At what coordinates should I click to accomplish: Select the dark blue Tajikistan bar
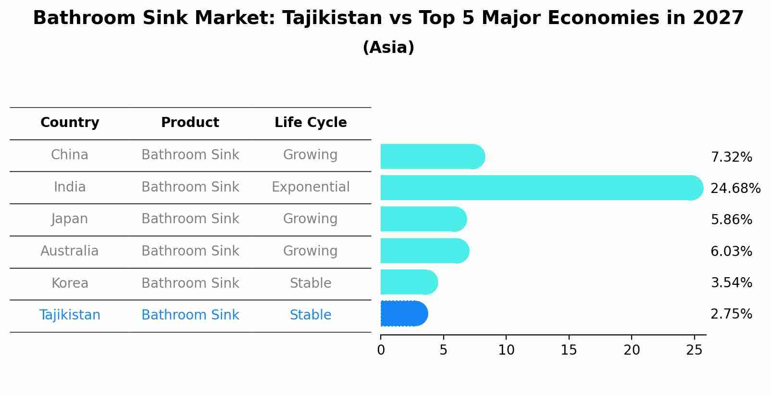(x=404, y=314)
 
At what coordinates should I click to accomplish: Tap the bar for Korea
(x=409, y=282)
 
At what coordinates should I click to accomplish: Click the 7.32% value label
(x=731, y=157)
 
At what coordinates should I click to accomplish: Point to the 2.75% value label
(x=731, y=314)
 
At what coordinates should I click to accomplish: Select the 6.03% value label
(x=731, y=251)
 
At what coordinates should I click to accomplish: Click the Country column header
(x=70, y=123)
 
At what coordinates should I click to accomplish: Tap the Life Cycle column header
(x=311, y=123)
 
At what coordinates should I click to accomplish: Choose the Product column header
(x=190, y=123)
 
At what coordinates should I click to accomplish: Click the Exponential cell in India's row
(x=311, y=187)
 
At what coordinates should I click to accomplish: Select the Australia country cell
(x=70, y=251)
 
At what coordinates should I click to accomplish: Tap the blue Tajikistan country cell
(x=70, y=315)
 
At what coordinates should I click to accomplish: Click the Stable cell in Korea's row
(x=311, y=283)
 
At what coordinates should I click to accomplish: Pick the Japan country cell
(x=70, y=219)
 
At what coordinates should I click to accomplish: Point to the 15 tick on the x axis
(x=569, y=350)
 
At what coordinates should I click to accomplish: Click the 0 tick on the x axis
(x=381, y=350)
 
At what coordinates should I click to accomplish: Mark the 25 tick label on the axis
(x=694, y=350)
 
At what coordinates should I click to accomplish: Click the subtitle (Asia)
(x=388, y=48)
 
